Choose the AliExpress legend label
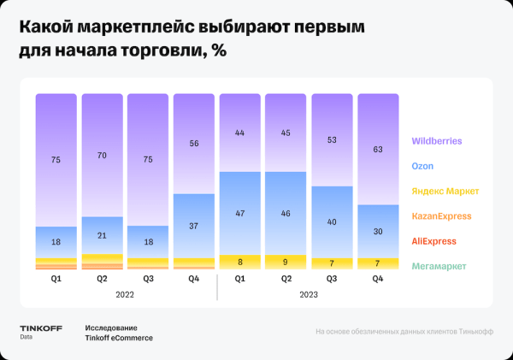tap(434, 241)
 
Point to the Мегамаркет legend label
tap(439, 267)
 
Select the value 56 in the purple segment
tap(194, 145)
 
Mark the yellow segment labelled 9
tap(286, 263)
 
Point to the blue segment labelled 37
tap(194, 225)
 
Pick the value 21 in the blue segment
tap(102, 236)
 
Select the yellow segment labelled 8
tap(240, 263)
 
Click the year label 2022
tap(125, 293)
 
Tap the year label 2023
tap(310, 293)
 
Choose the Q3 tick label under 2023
tap(333, 278)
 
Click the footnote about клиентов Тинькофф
tap(404, 332)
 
